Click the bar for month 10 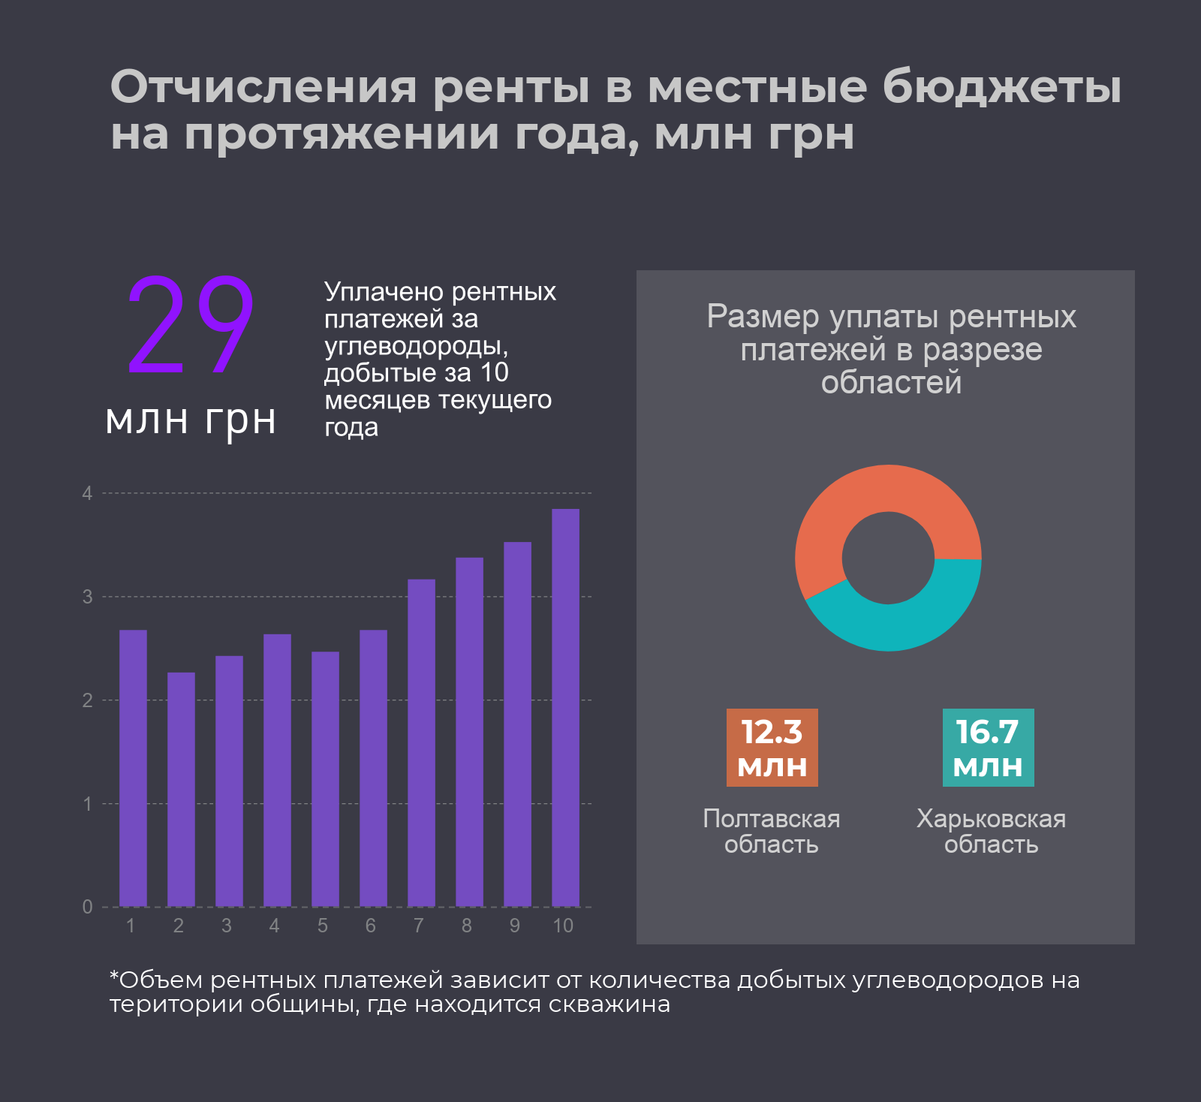[565, 707]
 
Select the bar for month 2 [181, 789]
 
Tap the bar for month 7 [421, 742]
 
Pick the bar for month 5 [325, 778]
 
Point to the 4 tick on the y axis [88, 493]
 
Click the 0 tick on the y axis [88, 907]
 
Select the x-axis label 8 [466, 926]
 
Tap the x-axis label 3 [226, 926]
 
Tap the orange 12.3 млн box [772, 748]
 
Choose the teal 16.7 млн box [988, 748]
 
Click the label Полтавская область [771, 831]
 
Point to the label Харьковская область [991, 831]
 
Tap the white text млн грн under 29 [191, 420]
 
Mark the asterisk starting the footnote [114, 977]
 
